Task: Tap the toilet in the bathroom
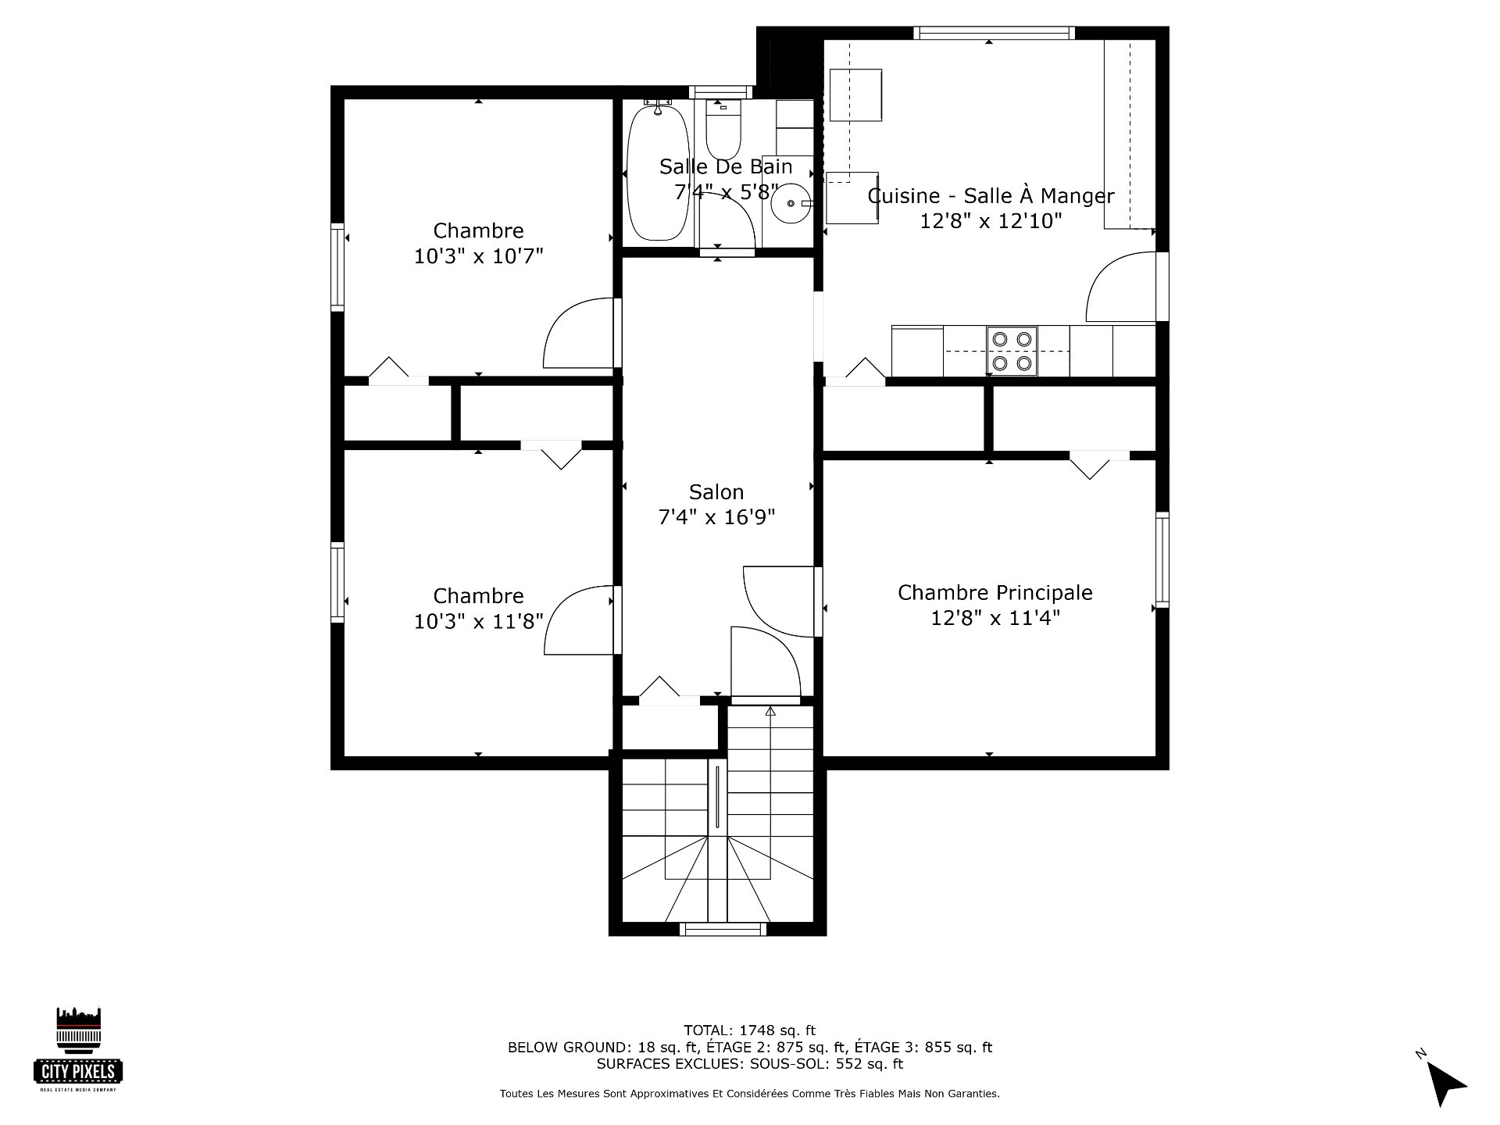(723, 129)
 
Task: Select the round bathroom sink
(791, 204)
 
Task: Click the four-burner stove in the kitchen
(1012, 351)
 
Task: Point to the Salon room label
(716, 492)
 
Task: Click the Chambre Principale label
(995, 592)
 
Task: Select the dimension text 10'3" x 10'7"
(478, 256)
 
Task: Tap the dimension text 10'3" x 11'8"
(478, 622)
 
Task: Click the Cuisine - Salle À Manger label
(991, 195)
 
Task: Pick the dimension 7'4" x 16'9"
(716, 517)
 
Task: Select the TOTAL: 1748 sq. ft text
(749, 1030)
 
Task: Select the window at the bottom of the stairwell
(722, 929)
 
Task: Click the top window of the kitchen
(995, 33)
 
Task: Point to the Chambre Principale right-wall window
(1162, 559)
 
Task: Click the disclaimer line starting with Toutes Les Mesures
(749, 1094)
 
